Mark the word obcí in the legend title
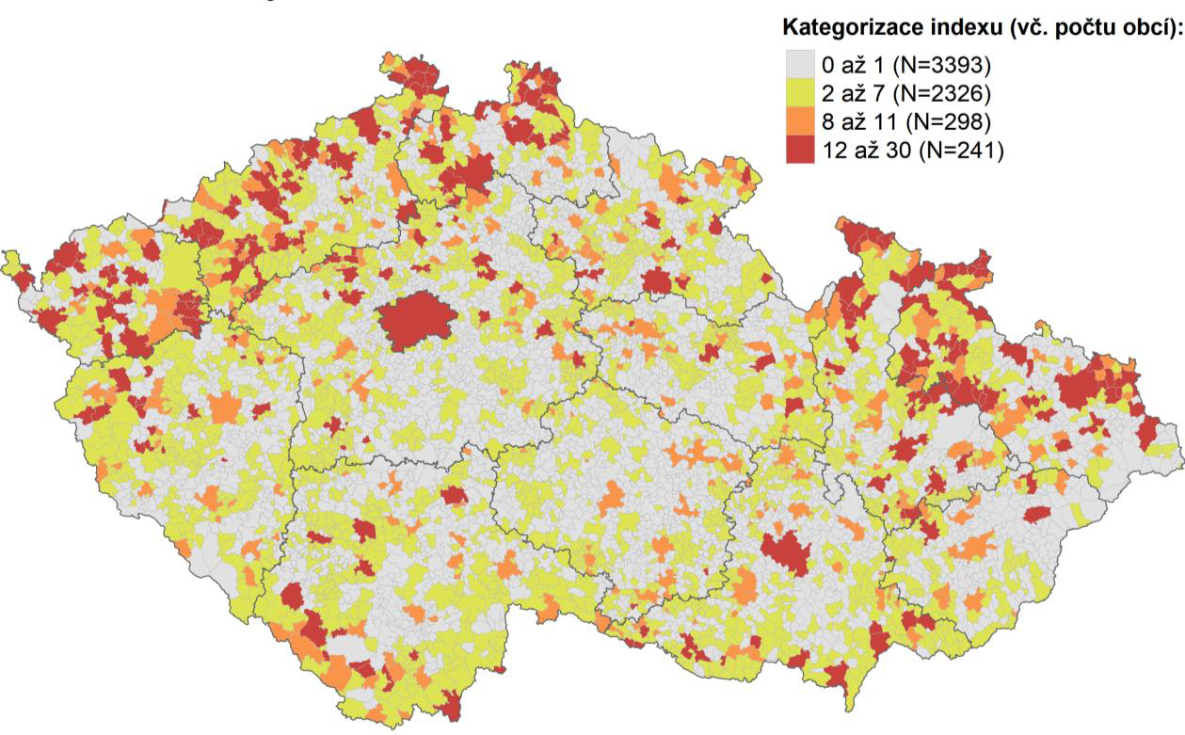1148,30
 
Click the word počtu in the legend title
1085,30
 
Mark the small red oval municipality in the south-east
1036,514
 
